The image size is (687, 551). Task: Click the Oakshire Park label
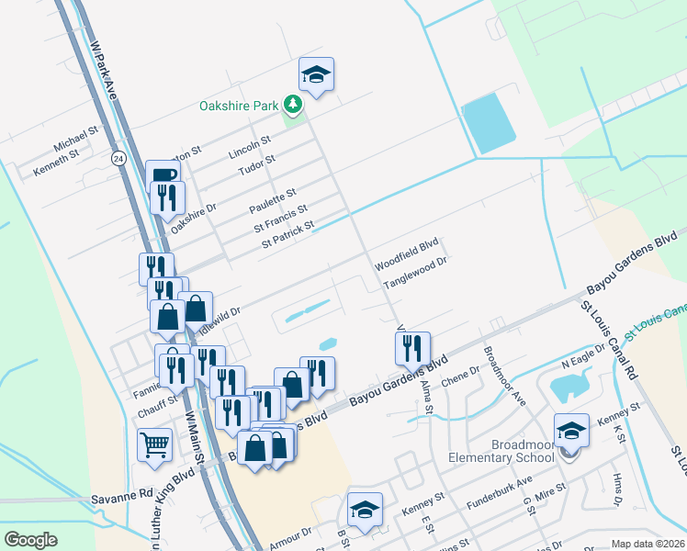239,106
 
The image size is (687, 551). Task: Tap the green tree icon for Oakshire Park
293,106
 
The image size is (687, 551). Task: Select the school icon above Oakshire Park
316,75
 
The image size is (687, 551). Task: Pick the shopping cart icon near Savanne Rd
155,444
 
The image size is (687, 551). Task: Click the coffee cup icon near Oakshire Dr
163,175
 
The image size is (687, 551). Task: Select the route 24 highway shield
118,158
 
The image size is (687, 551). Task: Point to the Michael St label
75,140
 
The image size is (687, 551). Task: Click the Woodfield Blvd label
406,250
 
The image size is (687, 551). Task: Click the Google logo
30,540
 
